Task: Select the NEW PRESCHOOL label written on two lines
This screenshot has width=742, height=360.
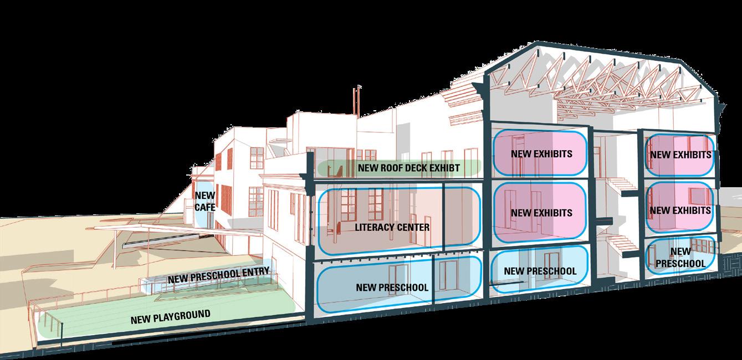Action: tap(680, 258)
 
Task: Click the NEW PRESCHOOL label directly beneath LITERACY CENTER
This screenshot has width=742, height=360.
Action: tap(392, 287)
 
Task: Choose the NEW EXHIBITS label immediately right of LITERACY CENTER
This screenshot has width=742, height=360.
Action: tap(541, 213)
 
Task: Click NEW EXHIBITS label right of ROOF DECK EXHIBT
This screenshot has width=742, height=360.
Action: tap(541, 153)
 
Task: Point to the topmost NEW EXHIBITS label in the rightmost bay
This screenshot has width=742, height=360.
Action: tap(680, 155)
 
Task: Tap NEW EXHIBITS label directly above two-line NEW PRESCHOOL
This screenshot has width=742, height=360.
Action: tap(680, 210)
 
